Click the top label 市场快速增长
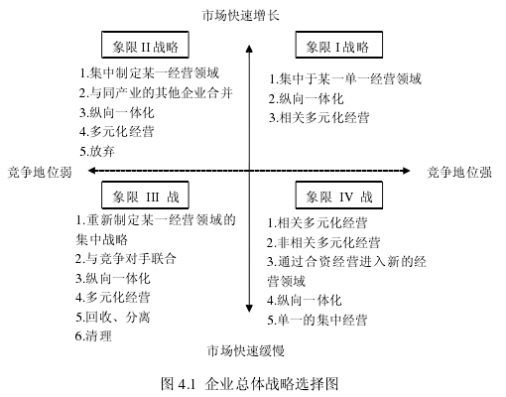tap(241, 16)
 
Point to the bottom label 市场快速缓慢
tap(246, 350)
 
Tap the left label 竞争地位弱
tap(40, 173)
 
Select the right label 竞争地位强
tap(459, 173)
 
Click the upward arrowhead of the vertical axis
tap(249, 49)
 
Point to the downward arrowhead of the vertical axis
tap(249, 309)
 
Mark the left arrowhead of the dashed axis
tap(92, 171)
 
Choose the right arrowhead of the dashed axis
tap(406, 171)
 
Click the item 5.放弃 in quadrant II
tap(97, 151)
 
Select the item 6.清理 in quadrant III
tap(93, 336)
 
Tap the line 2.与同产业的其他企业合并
tap(156, 93)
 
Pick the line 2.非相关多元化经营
tap(323, 243)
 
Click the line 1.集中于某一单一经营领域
tap(345, 79)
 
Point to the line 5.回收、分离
tap(113, 317)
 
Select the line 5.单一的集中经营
tap(317, 320)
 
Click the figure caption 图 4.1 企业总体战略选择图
tap(250, 384)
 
